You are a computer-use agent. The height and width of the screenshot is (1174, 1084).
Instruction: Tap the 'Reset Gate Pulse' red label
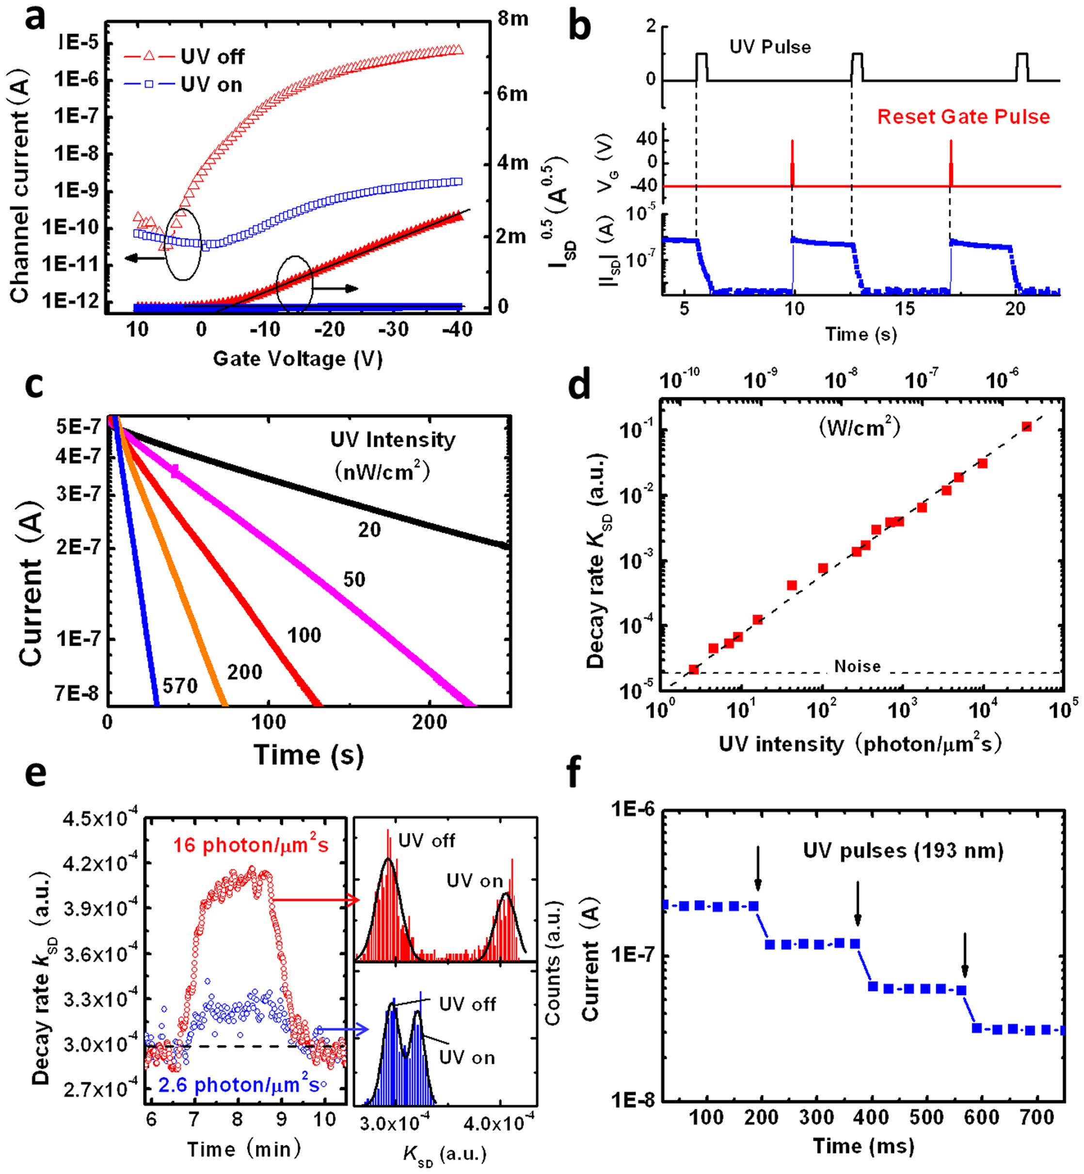(963, 117)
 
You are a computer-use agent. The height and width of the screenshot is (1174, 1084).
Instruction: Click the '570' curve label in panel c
(180, 685)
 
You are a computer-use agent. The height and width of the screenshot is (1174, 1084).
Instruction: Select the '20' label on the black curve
(369, 530)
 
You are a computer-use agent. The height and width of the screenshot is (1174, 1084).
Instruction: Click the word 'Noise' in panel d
(857, 666)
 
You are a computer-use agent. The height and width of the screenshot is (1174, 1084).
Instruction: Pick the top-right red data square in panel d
(1026, 427)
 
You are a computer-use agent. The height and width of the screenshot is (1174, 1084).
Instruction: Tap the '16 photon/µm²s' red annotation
(251, 845)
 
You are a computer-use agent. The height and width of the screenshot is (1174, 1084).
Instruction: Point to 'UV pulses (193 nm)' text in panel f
(903, 850)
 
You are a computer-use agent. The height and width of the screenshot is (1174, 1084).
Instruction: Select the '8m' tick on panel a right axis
(513, 19)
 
